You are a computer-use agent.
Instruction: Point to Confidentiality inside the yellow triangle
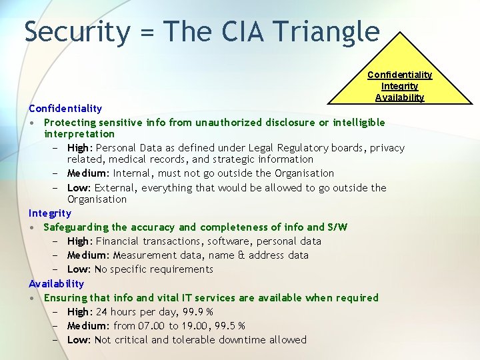point(399,75)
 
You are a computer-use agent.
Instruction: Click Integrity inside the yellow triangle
point(399,86)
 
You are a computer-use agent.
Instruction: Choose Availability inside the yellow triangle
point(399,97)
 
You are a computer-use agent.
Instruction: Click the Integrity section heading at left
point(49,213)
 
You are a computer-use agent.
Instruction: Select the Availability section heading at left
point(56,283)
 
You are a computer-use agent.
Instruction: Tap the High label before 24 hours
point(79,312)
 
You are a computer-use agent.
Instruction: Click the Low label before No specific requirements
point(79,269)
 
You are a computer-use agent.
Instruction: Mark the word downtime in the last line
point(235,340)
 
